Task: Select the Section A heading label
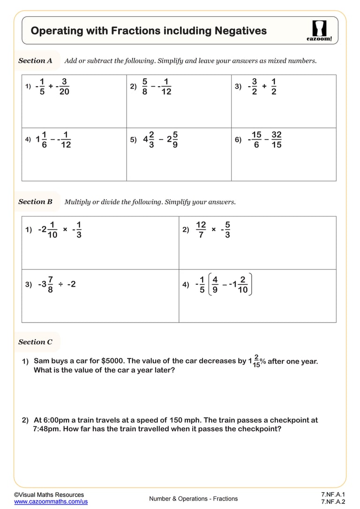35,60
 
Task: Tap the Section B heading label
35,202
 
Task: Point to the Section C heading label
35,342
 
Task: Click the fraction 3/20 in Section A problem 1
64,86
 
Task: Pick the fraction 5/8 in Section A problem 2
145,86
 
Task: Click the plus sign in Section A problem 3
264,86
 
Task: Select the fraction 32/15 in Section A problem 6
277,140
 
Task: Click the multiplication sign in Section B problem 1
65,229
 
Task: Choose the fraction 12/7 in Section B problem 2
201,230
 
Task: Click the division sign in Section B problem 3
61,284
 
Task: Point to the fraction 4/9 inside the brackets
215,284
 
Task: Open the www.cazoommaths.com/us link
51,502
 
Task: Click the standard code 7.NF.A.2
333,502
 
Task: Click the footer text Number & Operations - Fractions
193,499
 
